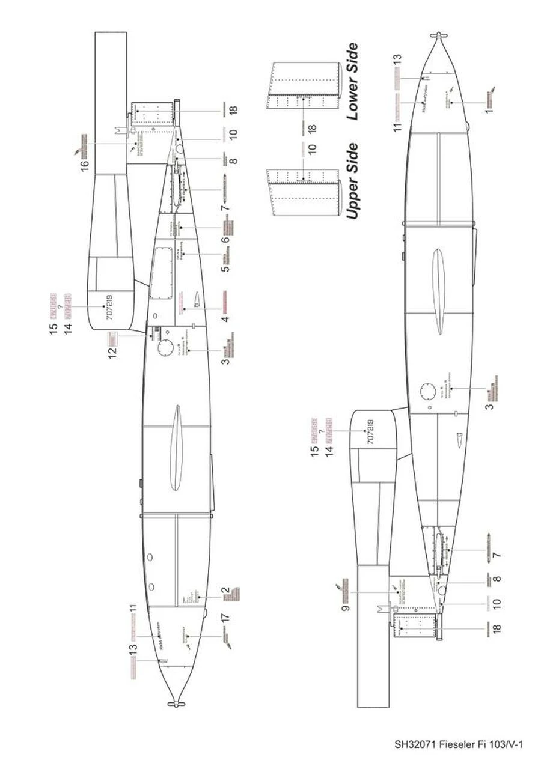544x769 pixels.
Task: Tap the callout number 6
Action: point(225,240)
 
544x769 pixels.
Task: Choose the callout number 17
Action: point(225,617)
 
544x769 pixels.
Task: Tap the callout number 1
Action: point(489,111)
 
